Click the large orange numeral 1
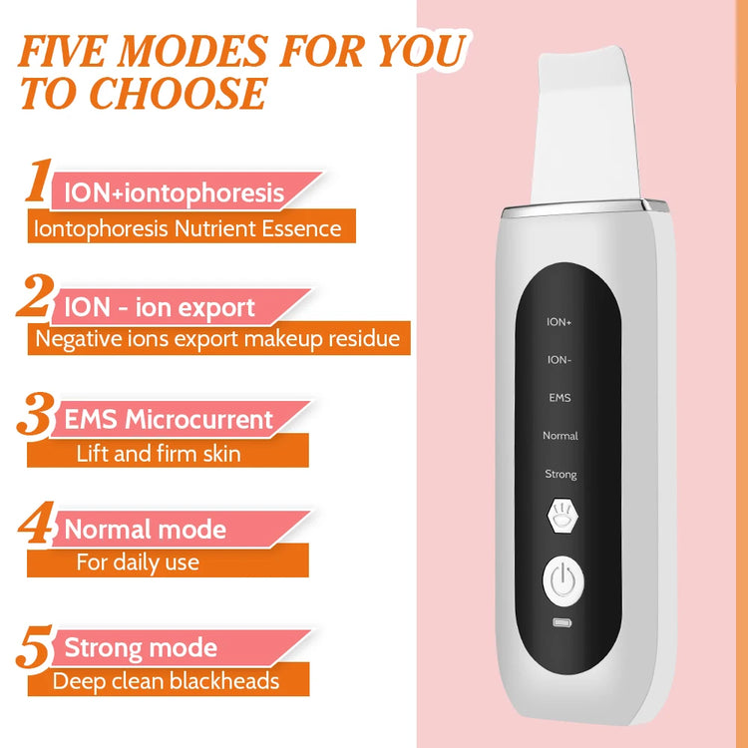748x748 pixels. click(x=39, y=183)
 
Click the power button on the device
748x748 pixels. click(x=561, y=581)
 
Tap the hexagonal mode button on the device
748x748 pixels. click(x=561, y=517)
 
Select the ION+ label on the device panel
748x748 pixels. click(x=560, y=322)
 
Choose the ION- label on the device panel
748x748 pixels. click(x=560, y=360)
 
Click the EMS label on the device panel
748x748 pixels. click(x=560, y=398)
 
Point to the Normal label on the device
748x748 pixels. click(x=560, y=436)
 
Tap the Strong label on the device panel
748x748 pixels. click(x=560, y=474)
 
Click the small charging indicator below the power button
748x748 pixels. click(x=561, y=625)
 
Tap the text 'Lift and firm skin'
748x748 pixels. click(x=158, y=454)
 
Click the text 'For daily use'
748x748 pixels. click(x=138, y=562)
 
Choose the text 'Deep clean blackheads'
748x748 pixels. click(x=166, y=682)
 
